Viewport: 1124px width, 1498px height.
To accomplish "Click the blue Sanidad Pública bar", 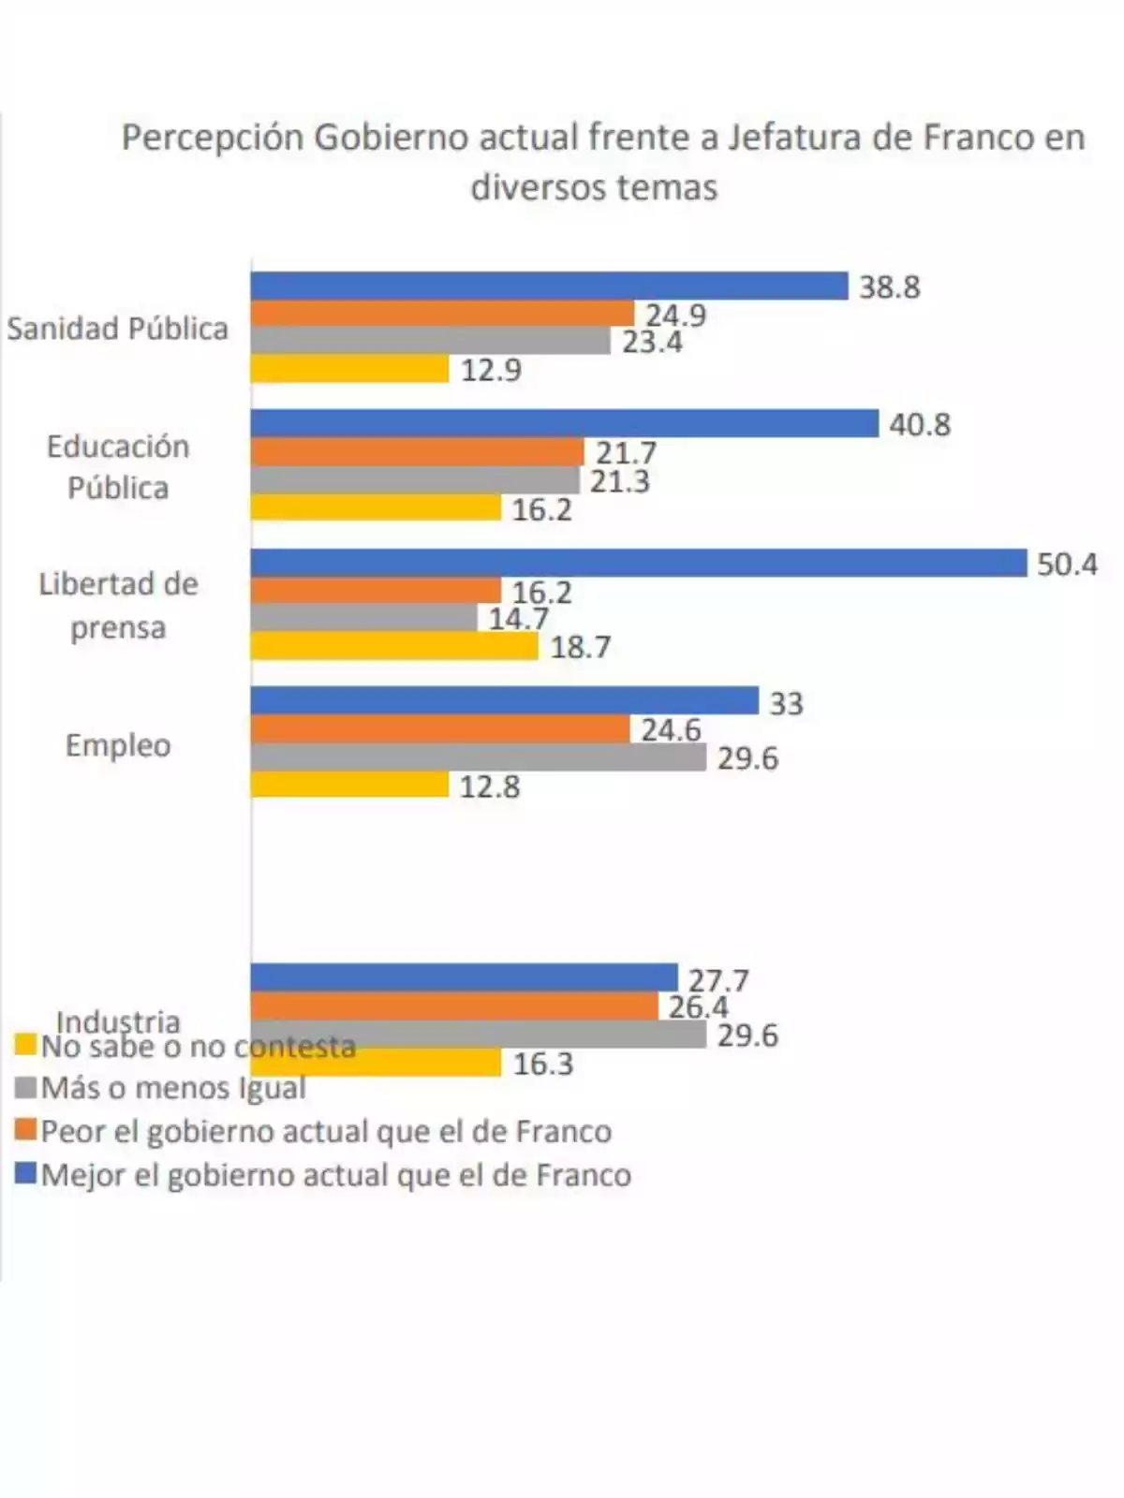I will (x=549, y=286).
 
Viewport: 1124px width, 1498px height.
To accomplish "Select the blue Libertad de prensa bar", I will (x=639, y=563).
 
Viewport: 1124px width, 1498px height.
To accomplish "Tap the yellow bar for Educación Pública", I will (x=376, y=508).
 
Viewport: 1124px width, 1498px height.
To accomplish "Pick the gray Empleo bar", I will (x=478, y=757).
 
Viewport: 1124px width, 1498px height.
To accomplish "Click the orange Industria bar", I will (x=454, y=1006).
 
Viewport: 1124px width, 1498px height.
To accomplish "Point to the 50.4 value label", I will (x=1067, y=565).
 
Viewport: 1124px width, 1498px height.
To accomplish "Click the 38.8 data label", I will (x=890, y=287).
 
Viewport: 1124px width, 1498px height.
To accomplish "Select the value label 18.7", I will (x=581, y=648).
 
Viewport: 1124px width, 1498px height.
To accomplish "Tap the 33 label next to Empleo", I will (x=786, y=703).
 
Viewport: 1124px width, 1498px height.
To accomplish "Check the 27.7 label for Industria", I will (x=718, y=980).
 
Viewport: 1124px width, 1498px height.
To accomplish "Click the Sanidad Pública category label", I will (x=117, y=329).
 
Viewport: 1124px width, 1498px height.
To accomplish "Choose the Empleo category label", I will (x=118, y=745).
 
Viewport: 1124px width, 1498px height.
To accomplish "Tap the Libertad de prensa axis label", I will (x=118, y=605).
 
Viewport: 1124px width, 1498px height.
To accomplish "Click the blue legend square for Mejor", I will (x=26, y=1173).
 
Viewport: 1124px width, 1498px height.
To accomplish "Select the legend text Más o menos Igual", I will (x=173, y=1088).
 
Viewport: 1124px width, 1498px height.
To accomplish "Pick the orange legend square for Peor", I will (x=26, y=1129).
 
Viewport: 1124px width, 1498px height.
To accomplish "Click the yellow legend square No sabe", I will (x=26, y=1045).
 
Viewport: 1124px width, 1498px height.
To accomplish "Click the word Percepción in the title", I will (x=213, y=139).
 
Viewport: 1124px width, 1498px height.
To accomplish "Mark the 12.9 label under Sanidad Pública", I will (x=491, y=370).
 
